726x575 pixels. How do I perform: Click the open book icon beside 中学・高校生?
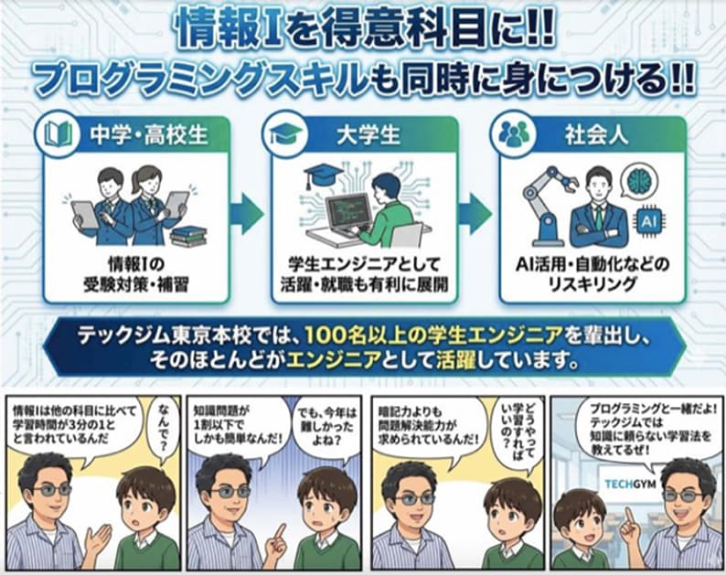point(59,135)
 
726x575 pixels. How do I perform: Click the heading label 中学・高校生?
point(148,135)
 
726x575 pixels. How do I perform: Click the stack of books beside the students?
point(188,235)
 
